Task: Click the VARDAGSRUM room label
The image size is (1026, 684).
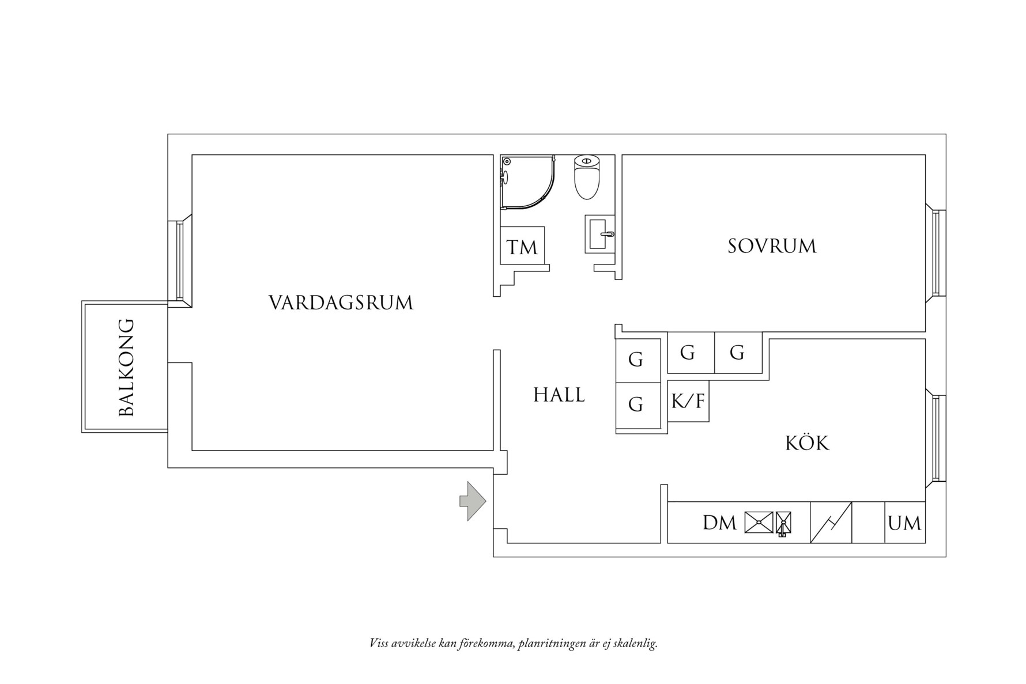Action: (x=341, y=303)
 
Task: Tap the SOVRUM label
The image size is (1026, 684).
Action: (x=772, y=246)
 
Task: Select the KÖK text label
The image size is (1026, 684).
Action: (x=807, y=443)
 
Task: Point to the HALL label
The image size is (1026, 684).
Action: (x=559, y=395)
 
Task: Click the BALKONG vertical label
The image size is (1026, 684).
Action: (x=126, y=367)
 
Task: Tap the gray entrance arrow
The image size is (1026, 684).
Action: (x=473, y=501)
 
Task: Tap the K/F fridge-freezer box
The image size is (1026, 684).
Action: (x=688, y=400)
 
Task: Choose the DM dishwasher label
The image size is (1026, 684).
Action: (x=719, y=523)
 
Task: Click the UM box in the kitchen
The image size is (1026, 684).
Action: (x=904, y=523)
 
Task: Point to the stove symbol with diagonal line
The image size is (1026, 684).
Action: (x=831, y=523)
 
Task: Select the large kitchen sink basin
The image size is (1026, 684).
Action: (x=759, y=523)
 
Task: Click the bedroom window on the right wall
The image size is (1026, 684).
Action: (x=936, y=252)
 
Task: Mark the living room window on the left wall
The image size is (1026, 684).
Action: (x=179, y=260)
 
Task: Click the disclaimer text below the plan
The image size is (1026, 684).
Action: (x=513, y=643)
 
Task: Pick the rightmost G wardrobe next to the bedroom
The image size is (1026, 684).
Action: (x=737, y=352)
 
